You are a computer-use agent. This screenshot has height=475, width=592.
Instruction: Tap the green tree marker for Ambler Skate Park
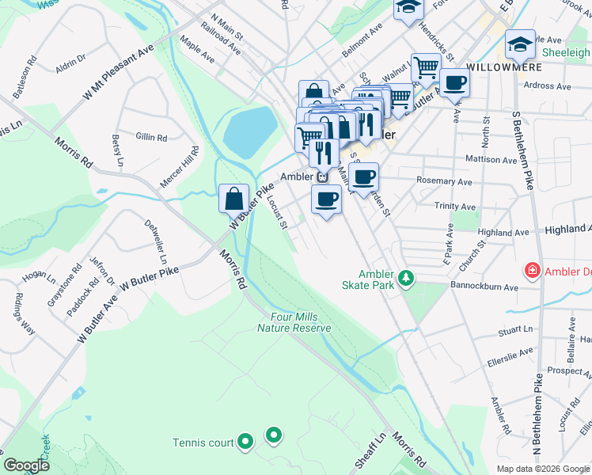tap(406, 278)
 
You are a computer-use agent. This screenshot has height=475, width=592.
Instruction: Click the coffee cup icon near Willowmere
tap(453, 82)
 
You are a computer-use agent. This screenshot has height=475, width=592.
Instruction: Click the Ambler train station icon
tap(323, 177)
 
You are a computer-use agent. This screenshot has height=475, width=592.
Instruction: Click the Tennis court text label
tap(204, 442)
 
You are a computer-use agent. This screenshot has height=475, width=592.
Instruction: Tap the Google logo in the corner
tap(26, 465)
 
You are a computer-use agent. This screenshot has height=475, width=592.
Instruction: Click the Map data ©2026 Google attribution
tap(543, 469)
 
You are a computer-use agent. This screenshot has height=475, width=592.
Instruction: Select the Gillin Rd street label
tap(150, 137)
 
